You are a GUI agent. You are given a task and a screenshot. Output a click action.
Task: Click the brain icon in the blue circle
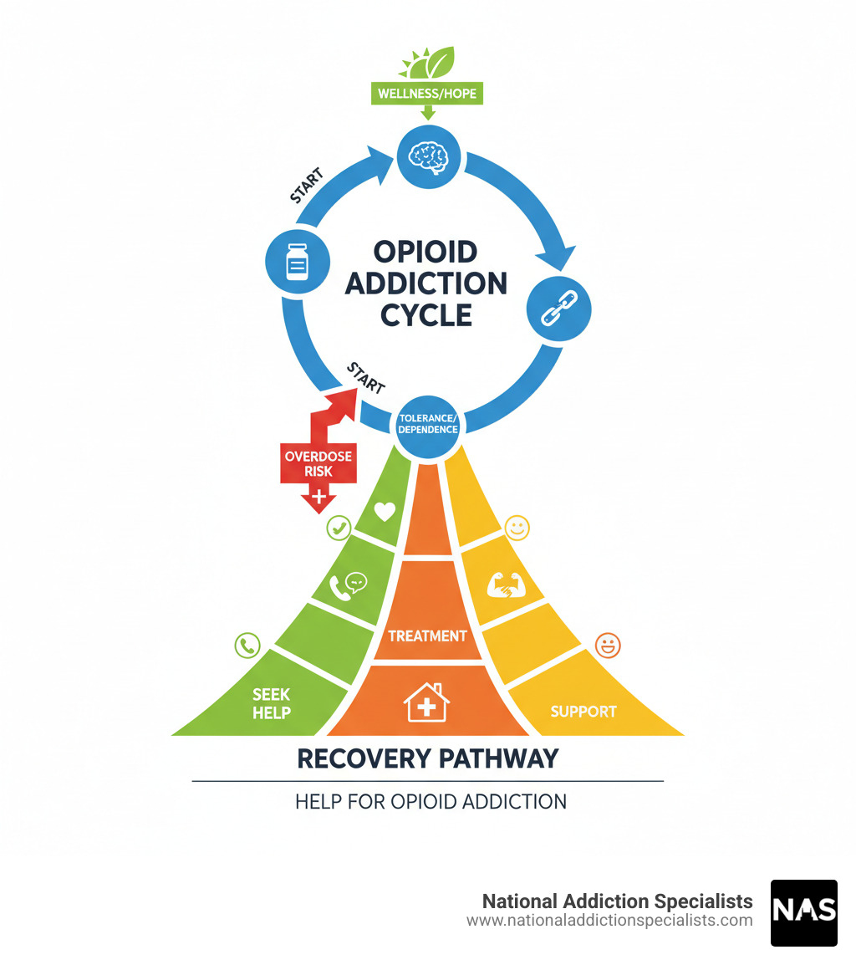point(427,156)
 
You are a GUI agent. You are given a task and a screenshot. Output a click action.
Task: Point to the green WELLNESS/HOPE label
point(427,93)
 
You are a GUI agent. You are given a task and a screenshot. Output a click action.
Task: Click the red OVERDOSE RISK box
point(318,462)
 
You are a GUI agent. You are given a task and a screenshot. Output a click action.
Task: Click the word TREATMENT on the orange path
point(427,636)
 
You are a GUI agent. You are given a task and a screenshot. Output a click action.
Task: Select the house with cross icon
point(426,702)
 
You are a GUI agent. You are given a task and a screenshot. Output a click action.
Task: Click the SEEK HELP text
point(272,703)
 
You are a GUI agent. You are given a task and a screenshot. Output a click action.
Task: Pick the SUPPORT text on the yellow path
point(583,712)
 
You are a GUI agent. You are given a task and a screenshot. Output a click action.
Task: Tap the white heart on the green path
point(384,511)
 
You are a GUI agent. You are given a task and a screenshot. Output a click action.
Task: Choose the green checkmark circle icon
point(339,527)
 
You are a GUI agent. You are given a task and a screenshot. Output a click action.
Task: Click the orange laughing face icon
point(608,645)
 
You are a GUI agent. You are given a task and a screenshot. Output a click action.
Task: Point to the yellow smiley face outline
point(517,528)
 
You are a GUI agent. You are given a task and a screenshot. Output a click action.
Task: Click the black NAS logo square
point(803,912)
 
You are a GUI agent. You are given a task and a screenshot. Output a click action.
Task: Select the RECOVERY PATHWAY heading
point(427,758)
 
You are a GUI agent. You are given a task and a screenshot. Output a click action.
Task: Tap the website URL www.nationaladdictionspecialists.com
point(609,921)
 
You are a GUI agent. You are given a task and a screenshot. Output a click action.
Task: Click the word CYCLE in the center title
point(426,314)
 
